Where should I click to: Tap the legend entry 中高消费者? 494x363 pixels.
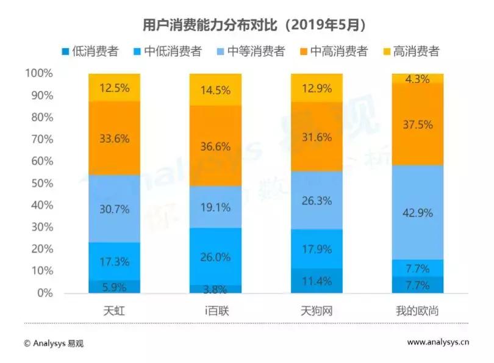(332, 51)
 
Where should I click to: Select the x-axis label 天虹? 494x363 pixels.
(114, 311)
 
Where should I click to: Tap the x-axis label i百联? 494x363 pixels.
(215, 311)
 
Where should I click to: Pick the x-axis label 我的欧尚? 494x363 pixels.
(418, 311)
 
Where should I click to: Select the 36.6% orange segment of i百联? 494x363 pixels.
(216, 146)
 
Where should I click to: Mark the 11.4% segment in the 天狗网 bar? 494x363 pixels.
(317, 281)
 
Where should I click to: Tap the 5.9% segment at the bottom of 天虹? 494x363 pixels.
(114, 286)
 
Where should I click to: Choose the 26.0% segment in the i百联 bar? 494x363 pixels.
(216, 256)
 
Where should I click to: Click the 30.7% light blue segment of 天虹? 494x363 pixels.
(114, 209)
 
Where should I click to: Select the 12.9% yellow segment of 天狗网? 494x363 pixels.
(317, 88)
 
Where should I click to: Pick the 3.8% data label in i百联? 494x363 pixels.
(216, 289)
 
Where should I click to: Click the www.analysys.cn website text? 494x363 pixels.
(438, 342)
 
